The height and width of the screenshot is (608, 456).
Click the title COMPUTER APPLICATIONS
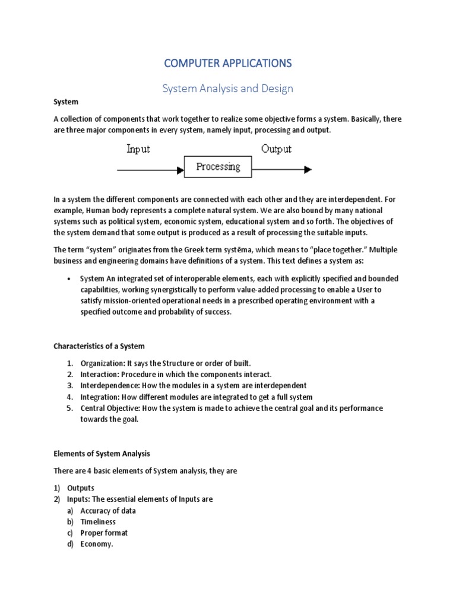[228, 63]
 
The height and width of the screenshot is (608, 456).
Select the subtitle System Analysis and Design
[228, 88]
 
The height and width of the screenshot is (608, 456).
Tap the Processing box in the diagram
[218, 167]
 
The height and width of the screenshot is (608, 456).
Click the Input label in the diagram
[138, 149]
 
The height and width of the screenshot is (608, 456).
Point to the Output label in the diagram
[275, 149]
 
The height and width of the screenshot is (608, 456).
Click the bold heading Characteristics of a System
[99, 346]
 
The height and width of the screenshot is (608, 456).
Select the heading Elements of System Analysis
[102, 454]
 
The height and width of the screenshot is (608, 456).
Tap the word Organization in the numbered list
[102, 363]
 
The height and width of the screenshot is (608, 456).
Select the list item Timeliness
[98, 522]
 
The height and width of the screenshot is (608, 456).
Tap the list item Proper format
[104, 533]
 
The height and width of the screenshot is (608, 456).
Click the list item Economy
[96, 544]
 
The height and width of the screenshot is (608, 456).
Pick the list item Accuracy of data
[108, 511]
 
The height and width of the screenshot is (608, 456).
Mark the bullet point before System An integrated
[69, 279]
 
